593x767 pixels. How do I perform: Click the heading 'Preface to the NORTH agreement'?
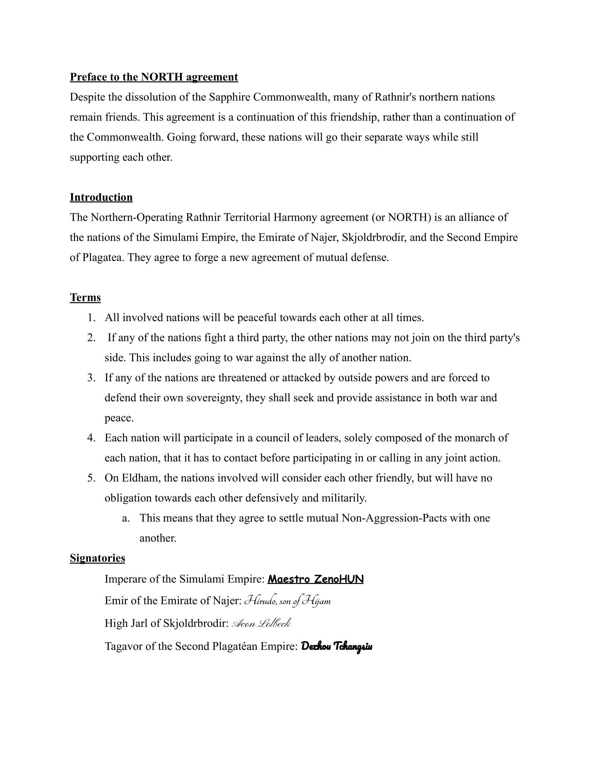click(x=154, y=77)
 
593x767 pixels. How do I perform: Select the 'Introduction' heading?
click(x=101, y=197)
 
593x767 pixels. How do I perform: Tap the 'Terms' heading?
click(x=85, y=297)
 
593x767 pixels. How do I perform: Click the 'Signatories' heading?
click(x=97, y=558)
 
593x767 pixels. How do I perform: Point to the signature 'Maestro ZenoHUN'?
click(x=315, y=579)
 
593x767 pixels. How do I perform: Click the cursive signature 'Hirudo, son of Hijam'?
click(x=287, y=601)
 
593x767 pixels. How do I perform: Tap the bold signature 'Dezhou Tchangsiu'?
click(x=337, y=646)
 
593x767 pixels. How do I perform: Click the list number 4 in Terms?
click(x=91, y=438)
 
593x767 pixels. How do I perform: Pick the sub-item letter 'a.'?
click(x=126, y=518)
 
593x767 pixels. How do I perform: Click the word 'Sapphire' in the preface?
click(x=230, y=97)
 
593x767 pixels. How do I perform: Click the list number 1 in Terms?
click(x=91, y=318)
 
